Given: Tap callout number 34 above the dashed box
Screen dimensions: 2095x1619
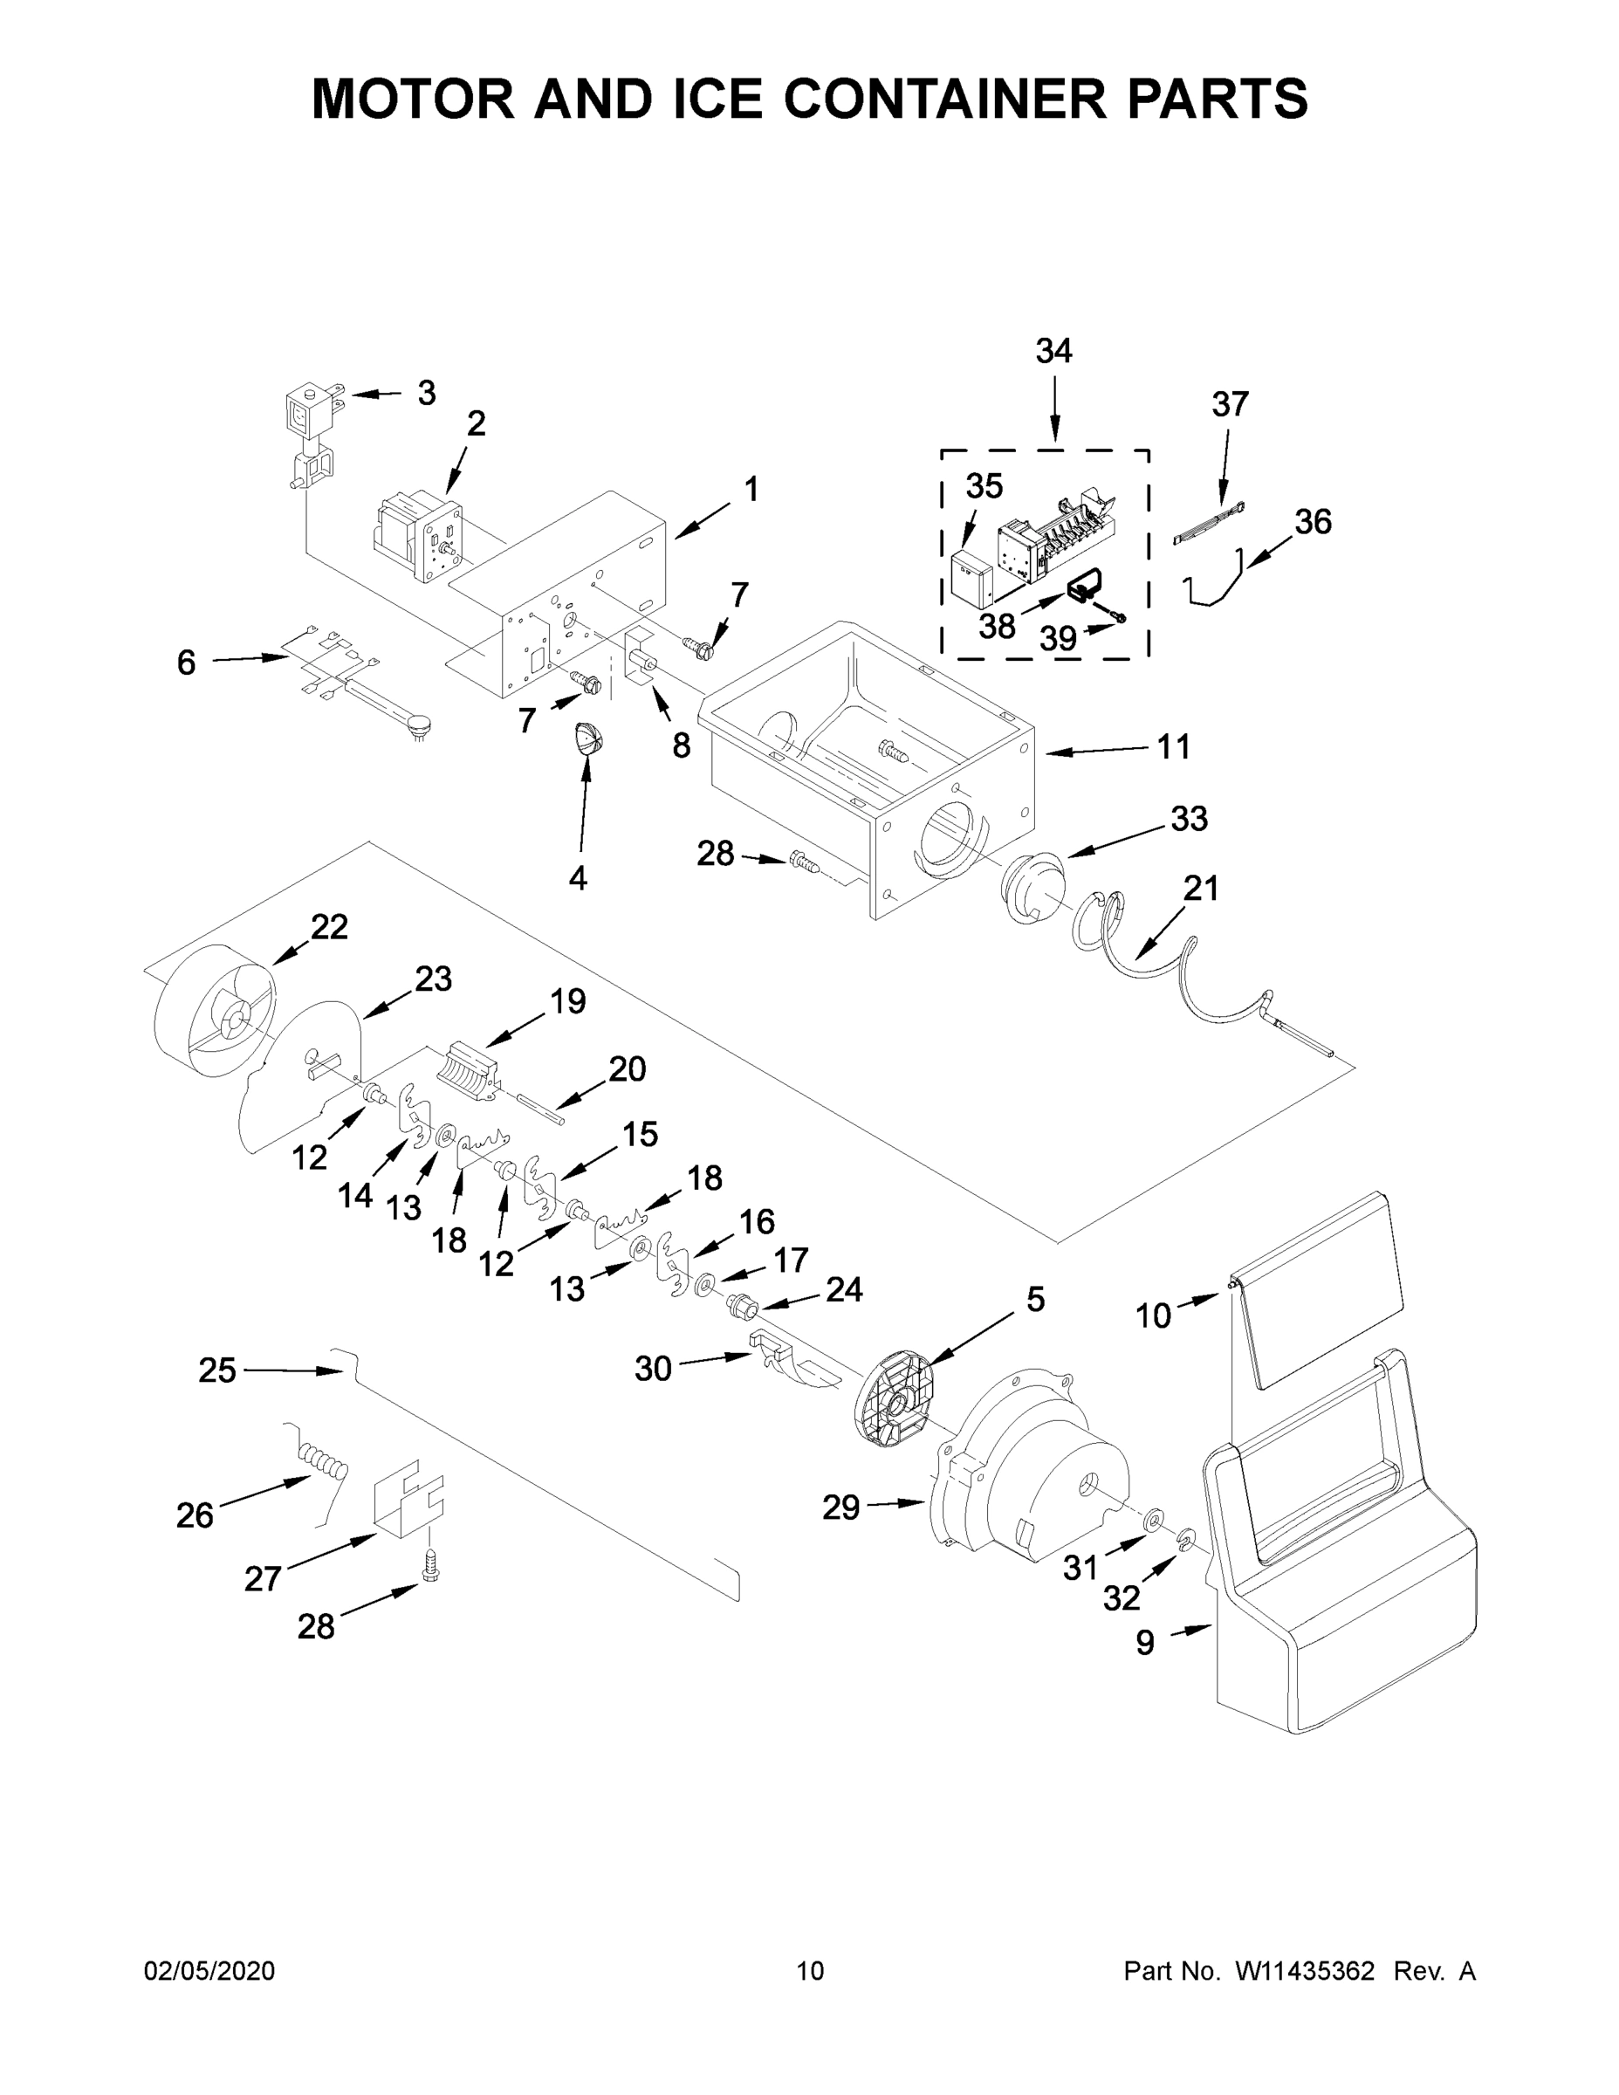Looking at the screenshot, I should pos(1053,351).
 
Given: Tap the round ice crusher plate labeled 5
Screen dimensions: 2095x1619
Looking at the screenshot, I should pos(894,1398).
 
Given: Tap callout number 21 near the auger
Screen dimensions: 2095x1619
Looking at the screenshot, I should pos(1200,889).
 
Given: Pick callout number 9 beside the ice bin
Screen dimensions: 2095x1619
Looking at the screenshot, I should pos(1145,1642).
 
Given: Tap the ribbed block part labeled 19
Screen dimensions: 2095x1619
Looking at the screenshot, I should pos(470,1067).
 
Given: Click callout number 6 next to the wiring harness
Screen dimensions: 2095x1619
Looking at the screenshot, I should pos(186,662).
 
